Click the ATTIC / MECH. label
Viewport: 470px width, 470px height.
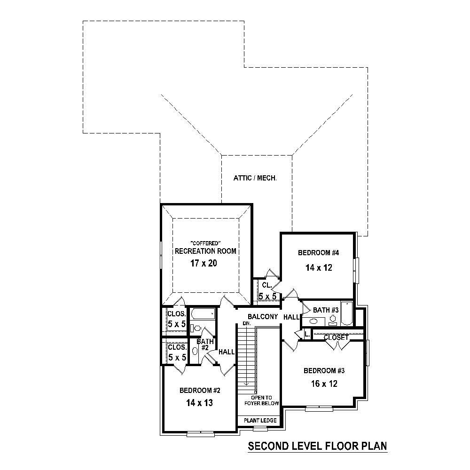click(x=254, y=178)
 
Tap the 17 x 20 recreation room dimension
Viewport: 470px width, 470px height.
click(x=204, y=263)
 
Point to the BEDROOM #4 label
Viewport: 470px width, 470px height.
click(x=319, y=253)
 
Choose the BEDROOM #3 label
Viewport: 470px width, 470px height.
click(x=324, y=370)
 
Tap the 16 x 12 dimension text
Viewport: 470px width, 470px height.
click(x=324, y=384)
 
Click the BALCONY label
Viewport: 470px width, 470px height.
click(x=263, y=316)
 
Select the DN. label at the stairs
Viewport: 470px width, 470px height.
click(x=246, y=324)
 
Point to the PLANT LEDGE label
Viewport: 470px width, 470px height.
click(x=260, y=420)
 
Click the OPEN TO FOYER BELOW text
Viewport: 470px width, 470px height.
click(x=262, y=400)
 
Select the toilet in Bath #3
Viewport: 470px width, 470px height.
click(x=333, y=319)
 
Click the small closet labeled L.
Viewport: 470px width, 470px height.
click(x=306, y=334)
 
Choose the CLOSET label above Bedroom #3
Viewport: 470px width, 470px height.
click(x=336, y=337)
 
